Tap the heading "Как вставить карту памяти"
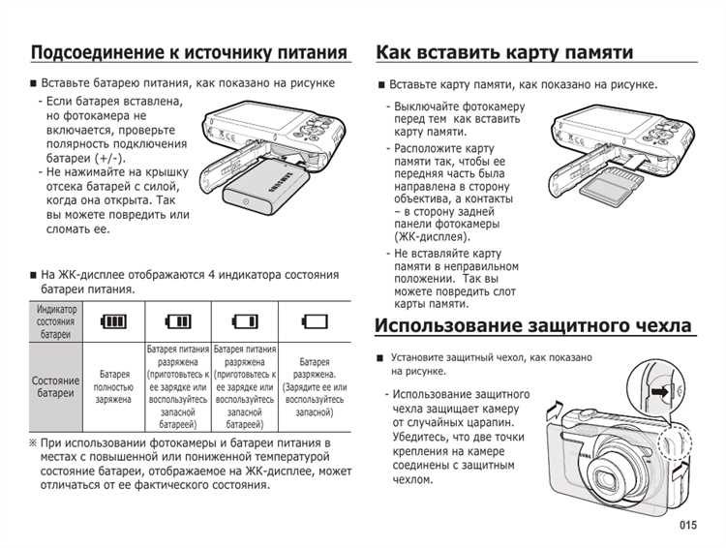tap(504, 51)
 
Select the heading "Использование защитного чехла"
tap(533, 325)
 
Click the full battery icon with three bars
tap(114, 321)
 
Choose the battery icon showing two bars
tap(178, 321)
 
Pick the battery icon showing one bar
tap(245, 321)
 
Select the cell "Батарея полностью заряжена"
tap(114, 386)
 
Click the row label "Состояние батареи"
tap(55, 387)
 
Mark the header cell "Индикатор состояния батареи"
tap(55, 321)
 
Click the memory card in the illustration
tap(612, 184)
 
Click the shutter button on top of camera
tap(585, 417)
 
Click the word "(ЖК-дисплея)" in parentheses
tap(432, 235)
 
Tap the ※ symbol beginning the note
tap(34, 443)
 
